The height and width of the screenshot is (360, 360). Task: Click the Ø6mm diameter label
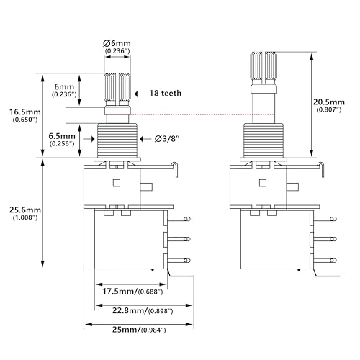tap(117, 43)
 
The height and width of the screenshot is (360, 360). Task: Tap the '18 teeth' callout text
tap(166, 93)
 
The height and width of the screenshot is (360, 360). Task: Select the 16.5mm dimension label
tap(25, 112)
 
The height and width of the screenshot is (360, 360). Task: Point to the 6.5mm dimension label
tap(62, 136)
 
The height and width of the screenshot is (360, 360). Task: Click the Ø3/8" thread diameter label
tap(167, 139)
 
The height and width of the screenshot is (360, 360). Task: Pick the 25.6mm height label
tap(25, 210)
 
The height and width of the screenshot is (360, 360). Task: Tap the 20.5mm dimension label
tap(329, 102)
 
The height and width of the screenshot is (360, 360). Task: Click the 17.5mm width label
tap(120, 292)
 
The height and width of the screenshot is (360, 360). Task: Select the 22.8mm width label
tap(130, 310)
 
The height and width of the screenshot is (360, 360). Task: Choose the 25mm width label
tap(125, 330)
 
